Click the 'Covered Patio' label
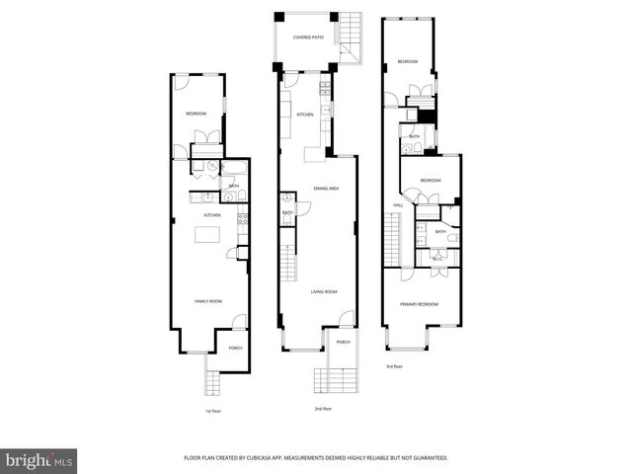[x=308, y=38]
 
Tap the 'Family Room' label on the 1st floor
[x=207, y=300]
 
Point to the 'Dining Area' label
[x=327, y=188]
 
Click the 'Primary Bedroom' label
[x=420, y=304]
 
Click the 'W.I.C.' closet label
[x=437, y=259]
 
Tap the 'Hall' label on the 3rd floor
[x=398, y=205]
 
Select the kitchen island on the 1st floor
[x=207, y=234]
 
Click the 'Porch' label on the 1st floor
[x=235, y=348]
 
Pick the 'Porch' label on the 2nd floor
[x=343, y=342]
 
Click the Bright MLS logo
[x=39, y=460]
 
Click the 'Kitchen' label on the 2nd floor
[x=305, y=115]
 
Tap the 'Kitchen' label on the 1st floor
[x=212, y=214]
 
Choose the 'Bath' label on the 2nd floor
[x=287, y=212]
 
